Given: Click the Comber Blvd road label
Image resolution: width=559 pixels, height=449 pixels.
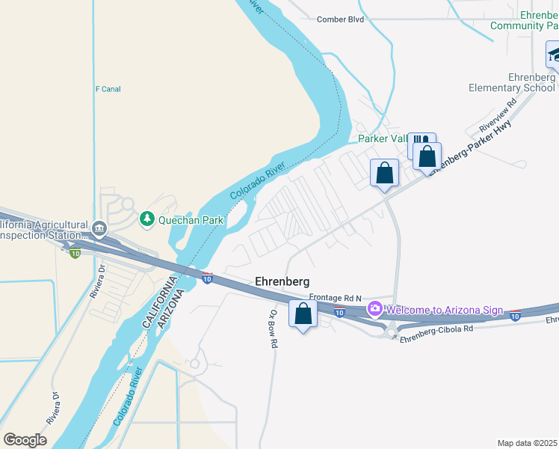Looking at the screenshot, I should pos(340,19).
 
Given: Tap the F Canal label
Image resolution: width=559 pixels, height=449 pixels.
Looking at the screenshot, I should pos(108,89).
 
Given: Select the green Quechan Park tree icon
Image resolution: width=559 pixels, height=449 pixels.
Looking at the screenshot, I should pos(147,219).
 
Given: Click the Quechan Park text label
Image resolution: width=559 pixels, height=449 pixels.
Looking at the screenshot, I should pos(191,220).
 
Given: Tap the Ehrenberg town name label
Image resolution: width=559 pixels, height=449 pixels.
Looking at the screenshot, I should pos(282,281).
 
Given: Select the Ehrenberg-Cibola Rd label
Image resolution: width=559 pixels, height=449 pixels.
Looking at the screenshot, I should pos(436,329).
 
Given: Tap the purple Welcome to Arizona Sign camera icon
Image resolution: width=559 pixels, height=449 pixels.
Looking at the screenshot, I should pos(374,309).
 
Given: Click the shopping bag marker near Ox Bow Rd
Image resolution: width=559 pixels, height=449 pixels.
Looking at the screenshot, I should pos(303,314).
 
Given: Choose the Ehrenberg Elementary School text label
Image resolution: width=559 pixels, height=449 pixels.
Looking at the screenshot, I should pos(513,82).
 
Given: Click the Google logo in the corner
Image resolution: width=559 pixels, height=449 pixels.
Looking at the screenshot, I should pos(25,439).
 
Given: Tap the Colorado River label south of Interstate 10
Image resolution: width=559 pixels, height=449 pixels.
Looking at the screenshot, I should pos(129,397).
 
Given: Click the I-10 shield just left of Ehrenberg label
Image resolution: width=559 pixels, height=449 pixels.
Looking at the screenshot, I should pos(207,278).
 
